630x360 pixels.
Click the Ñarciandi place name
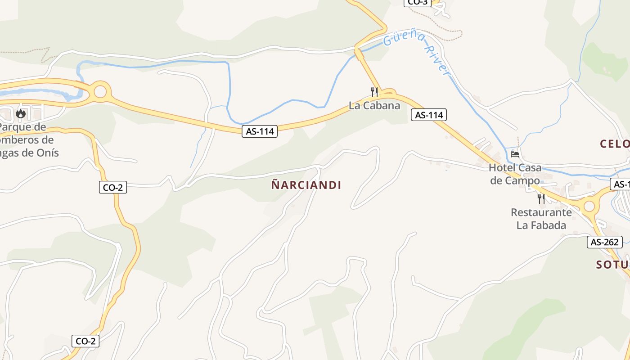tap(306, 185)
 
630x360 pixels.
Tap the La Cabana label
tap(374, 106)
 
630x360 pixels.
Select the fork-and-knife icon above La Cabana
tap(374, 92)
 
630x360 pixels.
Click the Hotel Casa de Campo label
tap(515, 174)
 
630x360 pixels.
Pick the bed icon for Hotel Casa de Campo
tap(515, 154)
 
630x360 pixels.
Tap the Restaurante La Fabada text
tap(541, 219)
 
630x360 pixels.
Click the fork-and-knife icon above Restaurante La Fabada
tap(541, 198)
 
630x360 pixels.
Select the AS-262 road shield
tap(605, 242)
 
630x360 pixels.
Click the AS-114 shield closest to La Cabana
tap(429, 115)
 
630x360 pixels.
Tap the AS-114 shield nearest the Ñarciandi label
tap(260, 131)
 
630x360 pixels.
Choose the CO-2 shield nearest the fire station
tap(112, 188)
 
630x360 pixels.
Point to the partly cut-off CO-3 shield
tap(418, 2)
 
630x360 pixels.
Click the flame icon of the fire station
tap(20, 113)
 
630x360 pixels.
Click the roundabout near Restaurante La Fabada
tap(589, 207)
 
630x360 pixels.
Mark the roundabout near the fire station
tap(100, 92)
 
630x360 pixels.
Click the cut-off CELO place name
tap(615, 144)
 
